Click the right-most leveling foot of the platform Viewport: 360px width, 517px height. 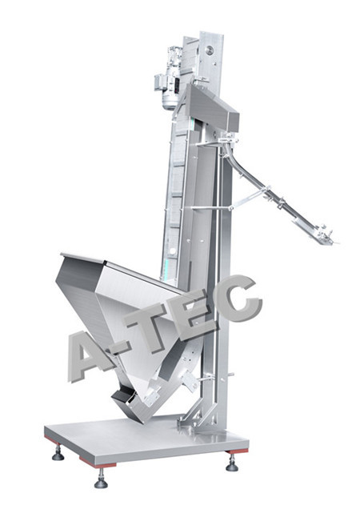(232, 463)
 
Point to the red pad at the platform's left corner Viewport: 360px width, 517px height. (52, 439)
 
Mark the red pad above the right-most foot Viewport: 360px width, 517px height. (237, 451)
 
